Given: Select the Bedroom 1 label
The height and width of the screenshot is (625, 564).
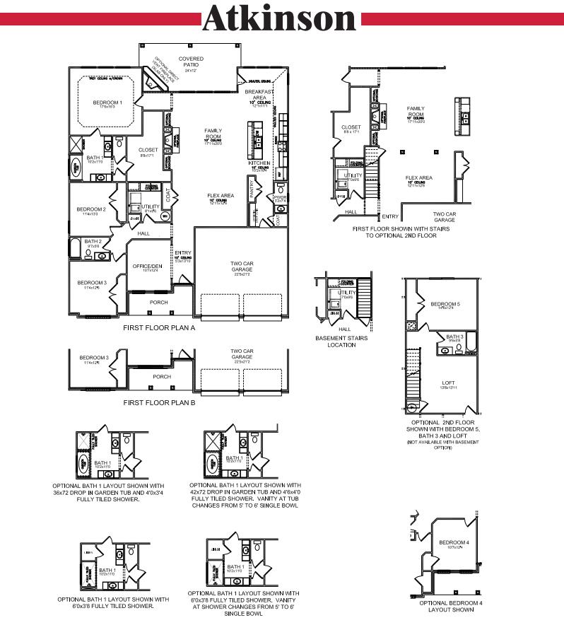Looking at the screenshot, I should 107,103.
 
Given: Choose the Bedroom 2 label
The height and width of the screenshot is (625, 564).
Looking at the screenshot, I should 91,209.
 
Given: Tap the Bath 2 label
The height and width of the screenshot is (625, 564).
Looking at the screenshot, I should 93,242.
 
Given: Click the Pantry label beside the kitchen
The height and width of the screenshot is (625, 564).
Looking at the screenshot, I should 252,188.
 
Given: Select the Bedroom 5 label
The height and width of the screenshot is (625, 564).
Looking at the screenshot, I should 445,305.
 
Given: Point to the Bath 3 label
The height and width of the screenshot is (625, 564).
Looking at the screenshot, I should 454,337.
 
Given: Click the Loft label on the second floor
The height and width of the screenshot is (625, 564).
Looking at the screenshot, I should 449,382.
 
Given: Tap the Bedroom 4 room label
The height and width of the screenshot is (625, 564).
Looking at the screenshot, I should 458,542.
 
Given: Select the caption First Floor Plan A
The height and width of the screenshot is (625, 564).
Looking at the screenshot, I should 158,328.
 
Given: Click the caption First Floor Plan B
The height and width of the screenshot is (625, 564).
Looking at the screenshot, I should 158,402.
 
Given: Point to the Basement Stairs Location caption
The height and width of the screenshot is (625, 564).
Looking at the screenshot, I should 341,341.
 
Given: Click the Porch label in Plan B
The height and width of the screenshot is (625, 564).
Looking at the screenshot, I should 162,377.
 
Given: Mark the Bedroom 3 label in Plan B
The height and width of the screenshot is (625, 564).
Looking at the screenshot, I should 93,358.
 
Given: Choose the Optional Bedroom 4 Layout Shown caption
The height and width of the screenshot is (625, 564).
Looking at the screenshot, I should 451,606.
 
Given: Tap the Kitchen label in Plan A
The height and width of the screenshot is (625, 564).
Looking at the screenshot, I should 259,163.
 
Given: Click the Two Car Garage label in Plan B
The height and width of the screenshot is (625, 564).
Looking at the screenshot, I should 242,354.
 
